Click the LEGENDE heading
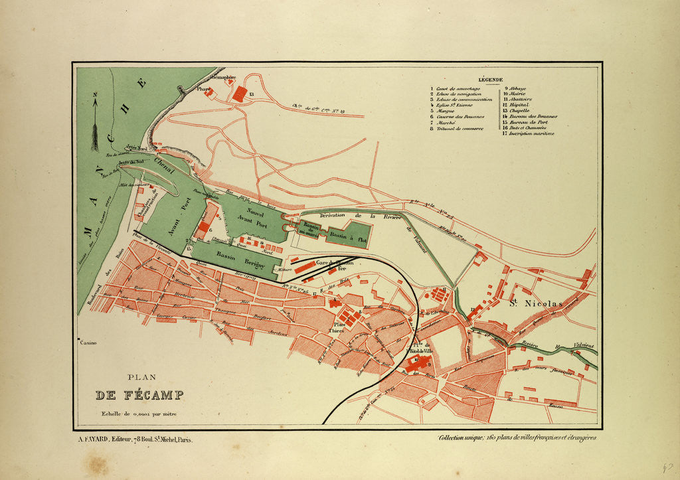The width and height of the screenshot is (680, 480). (x=489, y=80)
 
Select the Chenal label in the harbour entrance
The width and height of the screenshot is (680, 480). (x=163, y=163)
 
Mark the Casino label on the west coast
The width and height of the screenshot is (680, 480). (x=88, y=343)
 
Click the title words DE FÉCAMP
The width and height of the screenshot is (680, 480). (x=139, y=396)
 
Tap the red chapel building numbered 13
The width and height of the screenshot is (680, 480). (x=239, y=94)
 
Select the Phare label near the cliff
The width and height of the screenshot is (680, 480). (x=203, y=88)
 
